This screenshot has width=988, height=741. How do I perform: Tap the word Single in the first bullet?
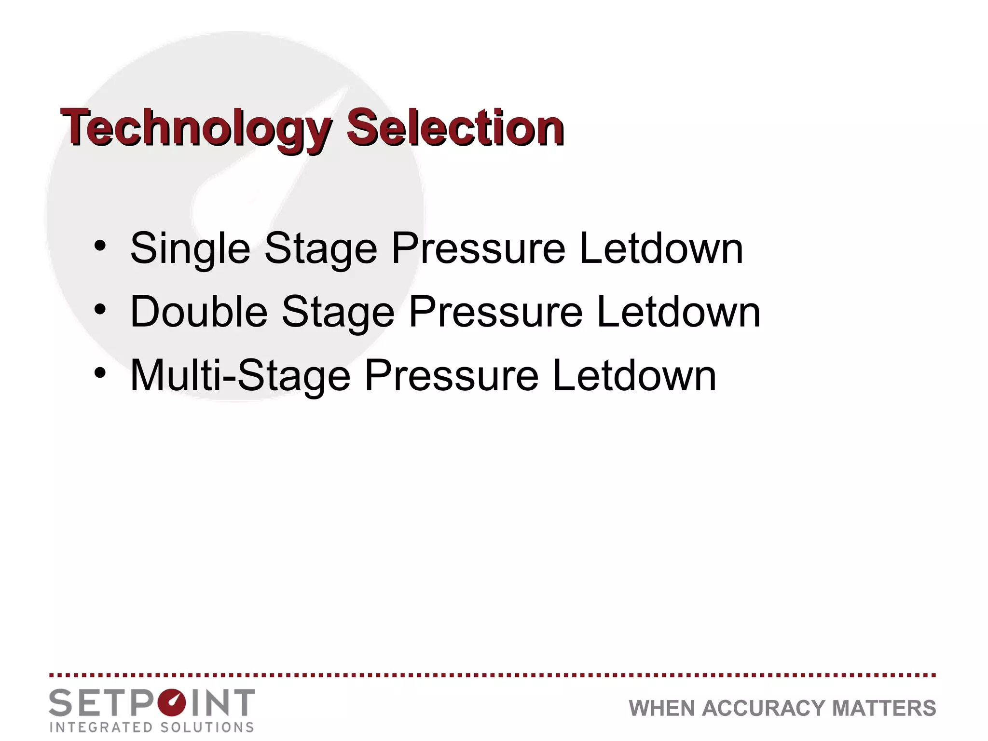[x=190, y=249]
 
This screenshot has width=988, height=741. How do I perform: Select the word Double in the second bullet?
[x=199, y=312]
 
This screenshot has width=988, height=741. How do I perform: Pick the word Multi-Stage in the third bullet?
[x=240, y=375]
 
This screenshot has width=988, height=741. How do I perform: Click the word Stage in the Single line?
[x=320, y=249]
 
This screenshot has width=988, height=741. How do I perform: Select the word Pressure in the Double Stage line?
[x=495, y=312]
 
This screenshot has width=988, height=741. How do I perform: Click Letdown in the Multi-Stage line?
[x=634, y=375]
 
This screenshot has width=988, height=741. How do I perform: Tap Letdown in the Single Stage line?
[x=661, y=249]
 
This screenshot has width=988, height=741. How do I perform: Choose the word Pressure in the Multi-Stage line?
[x=451, y=375]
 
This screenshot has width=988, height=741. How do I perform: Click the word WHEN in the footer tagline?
[x=662, y=709]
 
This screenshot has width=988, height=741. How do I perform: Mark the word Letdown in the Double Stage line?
[x=678, y=312]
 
